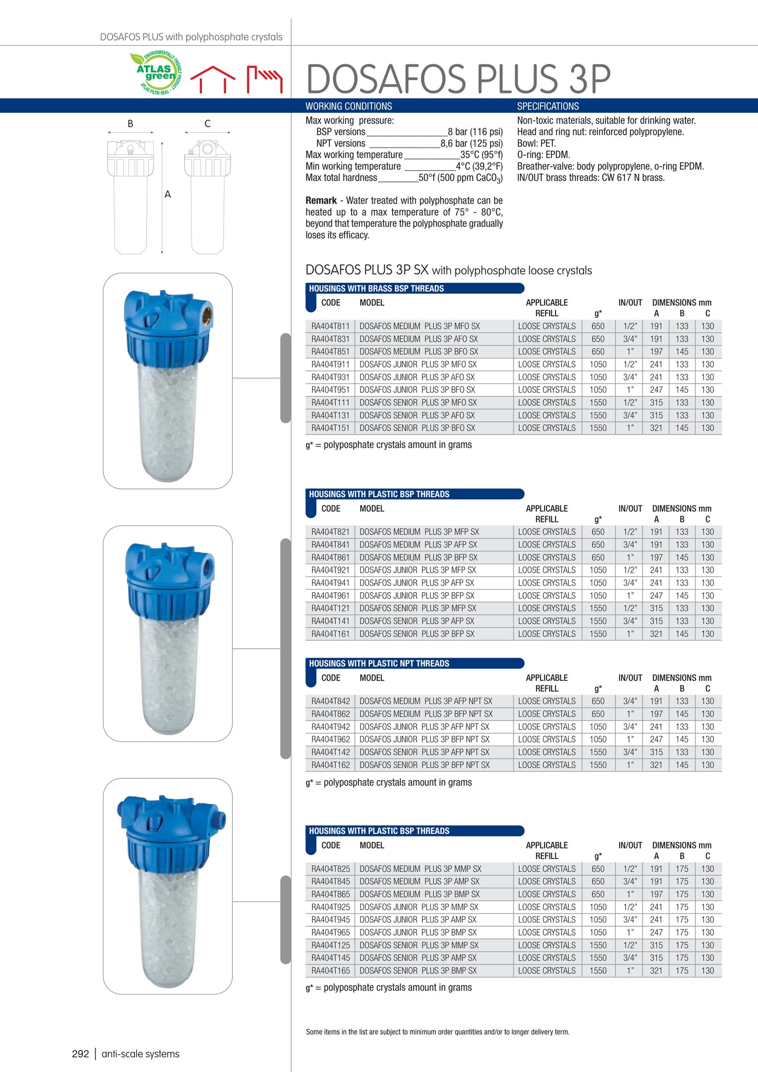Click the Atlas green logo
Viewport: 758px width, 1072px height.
(156, 73)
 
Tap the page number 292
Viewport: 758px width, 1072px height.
(80, 1054)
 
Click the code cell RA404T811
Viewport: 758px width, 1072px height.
(330, 326)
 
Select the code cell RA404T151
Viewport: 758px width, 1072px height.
(330, 428)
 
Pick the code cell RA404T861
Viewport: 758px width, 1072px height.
(330, 558)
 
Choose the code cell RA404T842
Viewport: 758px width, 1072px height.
(330, 701)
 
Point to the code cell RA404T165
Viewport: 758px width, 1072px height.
(330, 971)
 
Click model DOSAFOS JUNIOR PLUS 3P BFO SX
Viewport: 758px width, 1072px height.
(417, 390)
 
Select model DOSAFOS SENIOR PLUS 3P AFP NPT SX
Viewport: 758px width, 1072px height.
(424, 752)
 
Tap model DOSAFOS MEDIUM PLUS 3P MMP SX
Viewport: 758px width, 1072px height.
(420, 869)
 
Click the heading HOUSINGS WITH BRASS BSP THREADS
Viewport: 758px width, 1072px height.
(376, 288)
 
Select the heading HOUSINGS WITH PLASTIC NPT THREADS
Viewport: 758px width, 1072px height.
(379, 663)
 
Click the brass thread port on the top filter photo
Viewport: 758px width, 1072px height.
(207, 315)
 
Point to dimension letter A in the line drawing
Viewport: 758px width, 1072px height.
(168, 195)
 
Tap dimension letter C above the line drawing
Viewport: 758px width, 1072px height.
(207, 124)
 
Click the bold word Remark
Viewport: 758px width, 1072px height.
(321, 200)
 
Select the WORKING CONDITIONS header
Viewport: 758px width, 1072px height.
(349, 106)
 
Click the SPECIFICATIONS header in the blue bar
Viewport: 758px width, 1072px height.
(548, 106)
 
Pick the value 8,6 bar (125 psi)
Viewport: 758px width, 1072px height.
(471, 143)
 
